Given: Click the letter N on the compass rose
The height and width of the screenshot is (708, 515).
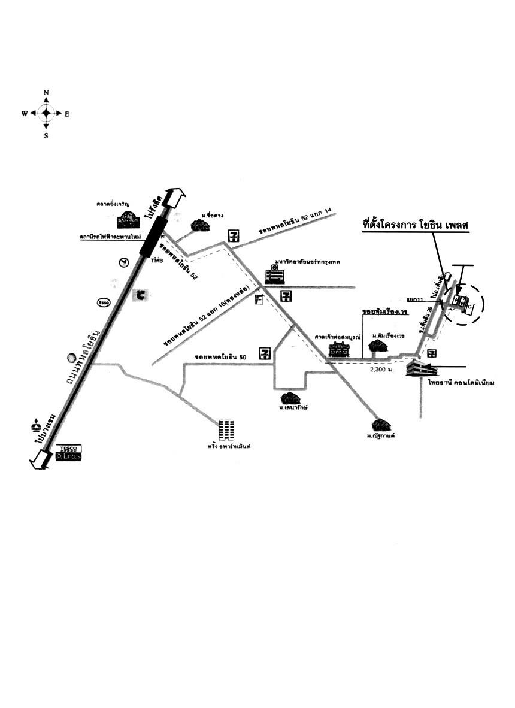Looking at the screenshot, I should (x=46, y=93).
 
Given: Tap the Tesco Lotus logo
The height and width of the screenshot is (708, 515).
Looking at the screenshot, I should (x=68, y=453).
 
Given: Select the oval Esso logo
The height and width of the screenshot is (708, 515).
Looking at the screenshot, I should (x=104, y=303).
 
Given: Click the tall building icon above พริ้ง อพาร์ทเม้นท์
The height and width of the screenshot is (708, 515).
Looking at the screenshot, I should (x=226, y=430).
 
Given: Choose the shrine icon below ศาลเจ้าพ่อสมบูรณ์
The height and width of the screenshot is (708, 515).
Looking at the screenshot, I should (x=338, y=349).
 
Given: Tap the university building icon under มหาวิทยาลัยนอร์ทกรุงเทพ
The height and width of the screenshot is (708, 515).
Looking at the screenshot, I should (x=275, y=276).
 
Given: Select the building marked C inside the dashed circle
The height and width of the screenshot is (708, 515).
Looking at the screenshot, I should (x=470, y=307).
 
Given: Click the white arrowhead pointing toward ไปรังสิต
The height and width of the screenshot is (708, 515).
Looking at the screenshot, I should (x=177, y=198).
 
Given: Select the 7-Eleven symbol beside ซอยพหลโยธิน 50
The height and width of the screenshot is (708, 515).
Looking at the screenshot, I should (x=265, y=354).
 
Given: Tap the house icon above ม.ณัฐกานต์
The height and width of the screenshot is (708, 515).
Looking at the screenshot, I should (x=381, y=425).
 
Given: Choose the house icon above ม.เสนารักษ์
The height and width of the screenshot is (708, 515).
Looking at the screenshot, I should (x=290, y=398).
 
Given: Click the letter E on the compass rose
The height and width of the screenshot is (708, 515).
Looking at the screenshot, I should (x=67, y=114).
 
